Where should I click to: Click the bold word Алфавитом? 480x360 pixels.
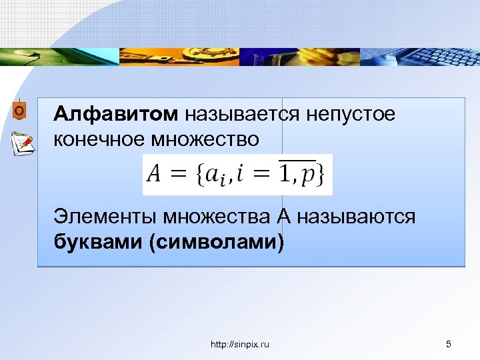click(x=116, y=114)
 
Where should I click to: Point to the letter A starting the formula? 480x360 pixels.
click(x=154, y=175)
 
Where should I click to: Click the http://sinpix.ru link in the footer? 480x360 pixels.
click(x=240, y=344)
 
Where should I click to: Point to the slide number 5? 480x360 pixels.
click(x=448, y=344)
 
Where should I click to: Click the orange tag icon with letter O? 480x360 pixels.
click(x=19, y=110)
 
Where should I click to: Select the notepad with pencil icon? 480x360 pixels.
click(x=22, y=143)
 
